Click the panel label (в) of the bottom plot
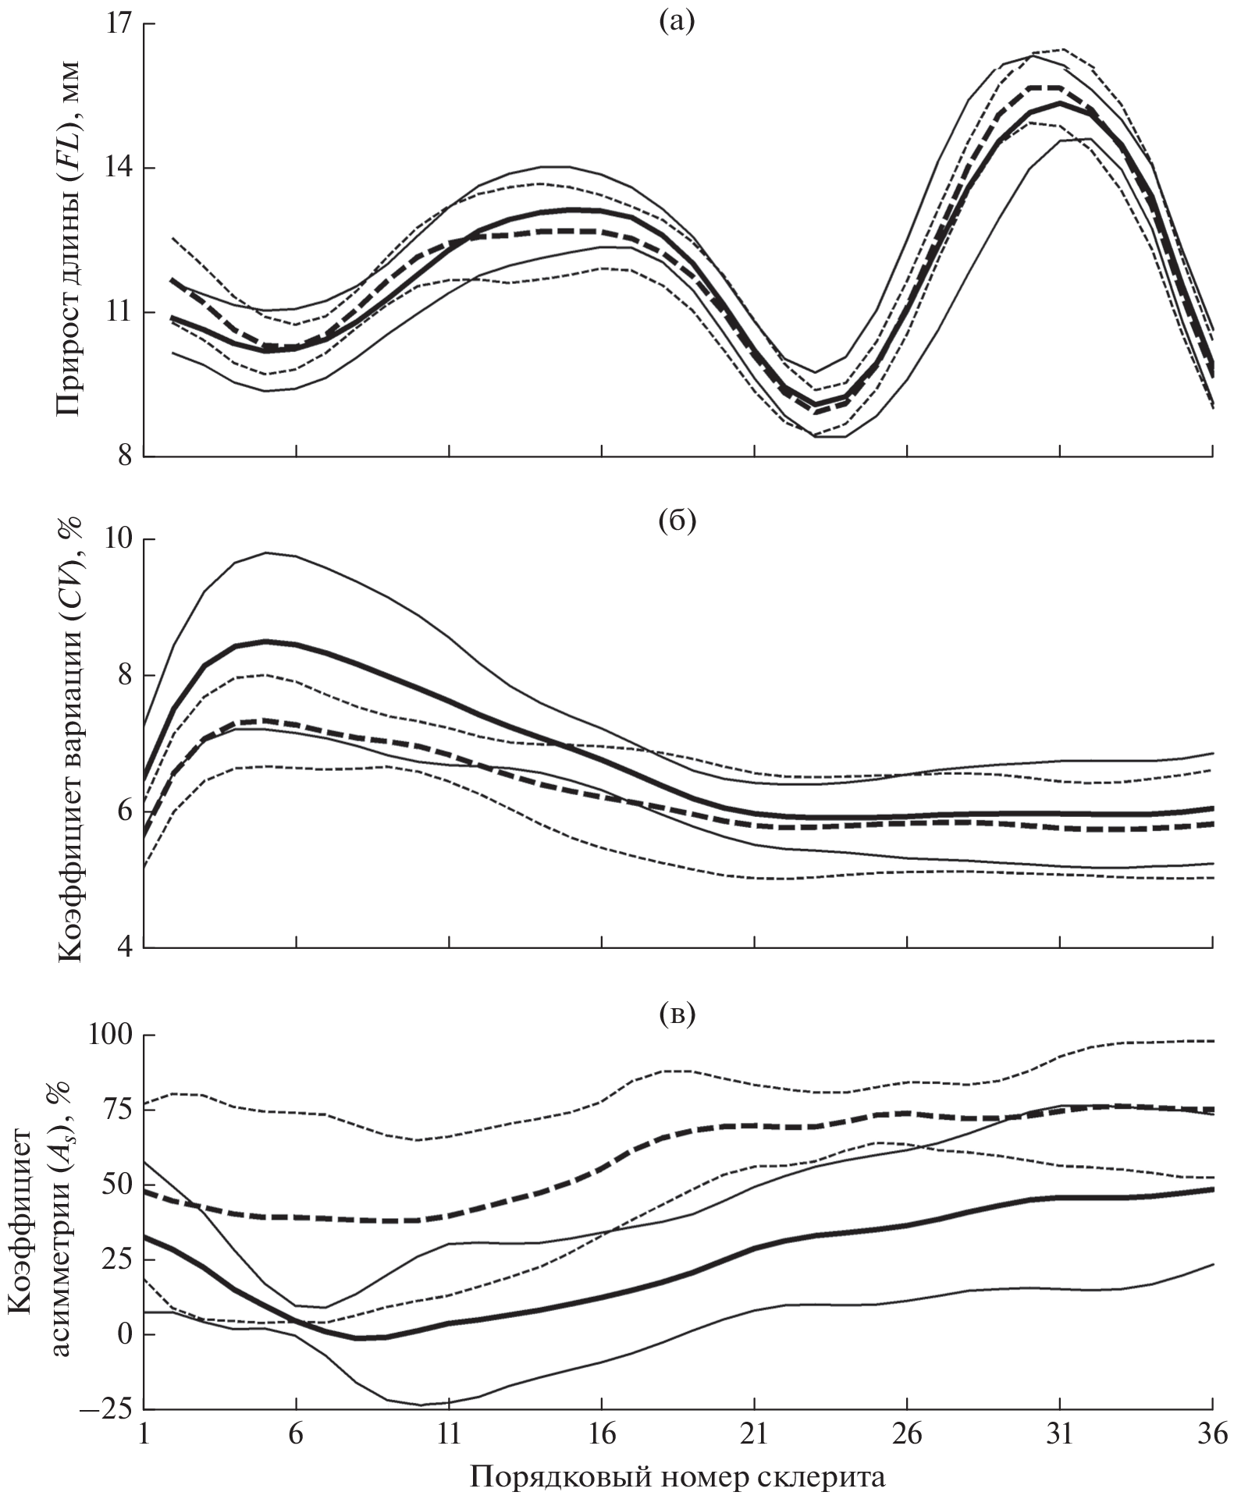click(676, 1014)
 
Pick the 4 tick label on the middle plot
click(123, 948)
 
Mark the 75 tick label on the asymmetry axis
click(115, 1110)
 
